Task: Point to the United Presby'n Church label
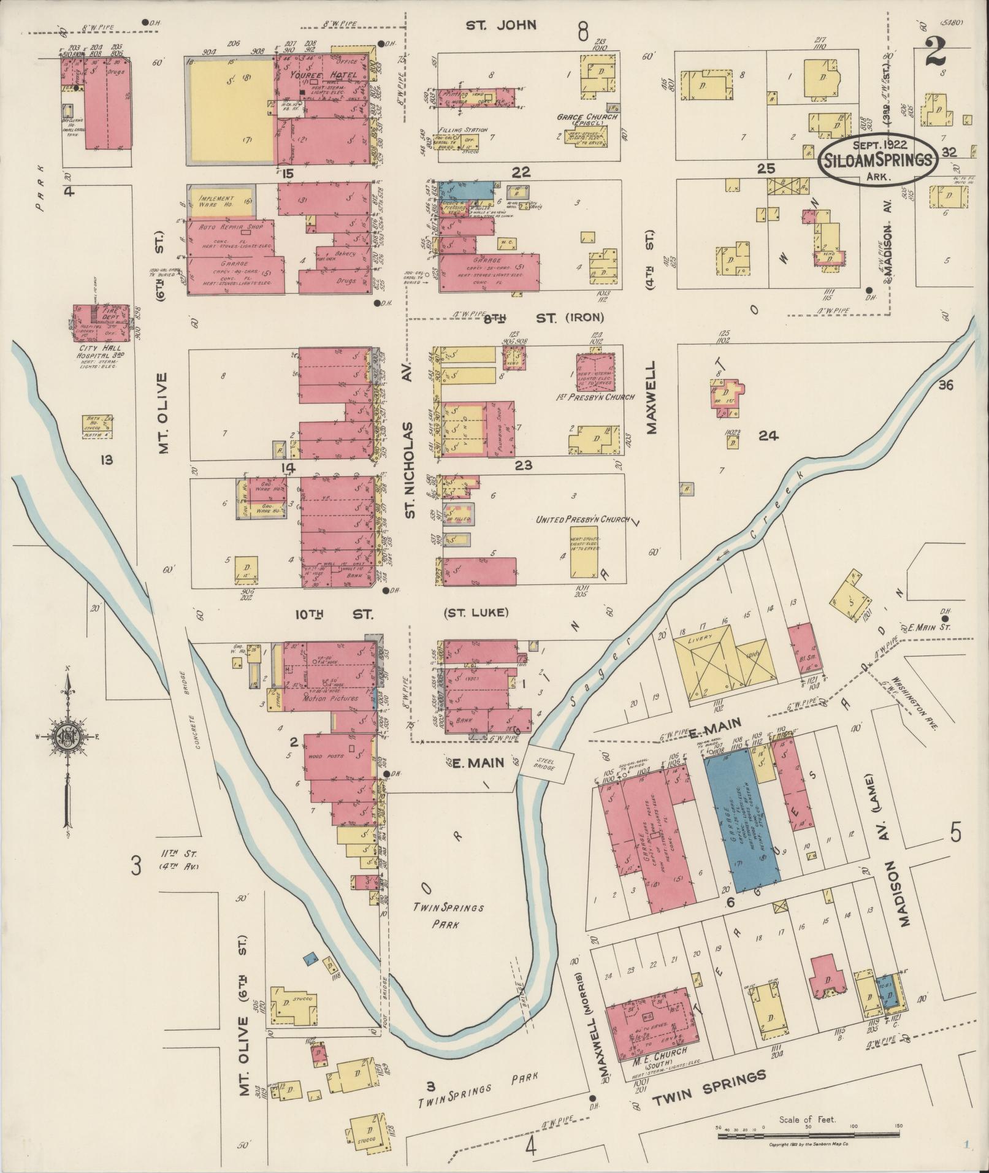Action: coord(582,519)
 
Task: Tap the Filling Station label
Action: coord(463,130)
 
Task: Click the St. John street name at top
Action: coord(501,25)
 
